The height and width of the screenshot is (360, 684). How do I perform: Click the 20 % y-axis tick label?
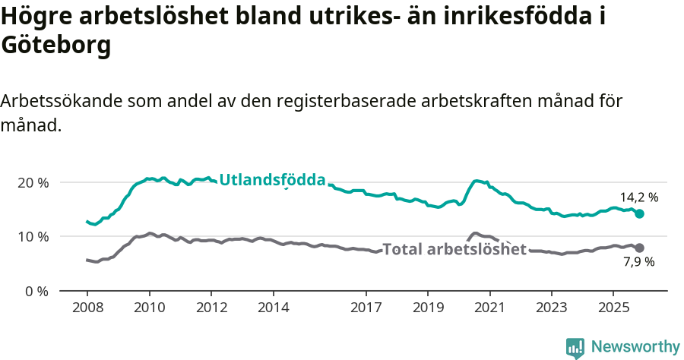click(33, 183)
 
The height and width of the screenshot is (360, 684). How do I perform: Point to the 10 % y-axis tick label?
click(33, 237)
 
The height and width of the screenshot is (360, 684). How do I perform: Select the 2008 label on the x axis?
click(87, 308)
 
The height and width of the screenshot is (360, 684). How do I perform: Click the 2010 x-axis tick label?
click(149, 308)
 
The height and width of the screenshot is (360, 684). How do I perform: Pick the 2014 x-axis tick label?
click(273, 308)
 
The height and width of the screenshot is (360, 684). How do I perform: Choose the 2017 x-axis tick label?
click(366, 308)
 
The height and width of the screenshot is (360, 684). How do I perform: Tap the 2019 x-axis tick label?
click(428, 308)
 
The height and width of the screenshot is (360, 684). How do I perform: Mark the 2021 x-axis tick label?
click(490, 308)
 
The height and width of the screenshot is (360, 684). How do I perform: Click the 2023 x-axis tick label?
click(552, 308)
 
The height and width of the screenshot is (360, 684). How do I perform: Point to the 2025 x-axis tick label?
click(614, 308)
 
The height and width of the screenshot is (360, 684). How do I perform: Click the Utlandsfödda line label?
click(272, 180)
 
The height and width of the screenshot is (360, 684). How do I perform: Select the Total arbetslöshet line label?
click(454, 249)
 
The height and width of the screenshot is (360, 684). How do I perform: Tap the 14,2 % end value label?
click(639, 197)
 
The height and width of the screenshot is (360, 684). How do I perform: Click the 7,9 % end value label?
click(639, 262)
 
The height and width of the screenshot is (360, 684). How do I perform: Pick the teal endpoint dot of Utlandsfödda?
click(640, 214)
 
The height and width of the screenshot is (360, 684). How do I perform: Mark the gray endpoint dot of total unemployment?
click(640, 248)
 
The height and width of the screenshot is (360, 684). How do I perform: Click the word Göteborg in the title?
click(56, 46)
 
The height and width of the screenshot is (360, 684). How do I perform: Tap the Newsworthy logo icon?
click(575, 348)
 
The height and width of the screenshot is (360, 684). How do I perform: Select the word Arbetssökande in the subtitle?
click(62, 101)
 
